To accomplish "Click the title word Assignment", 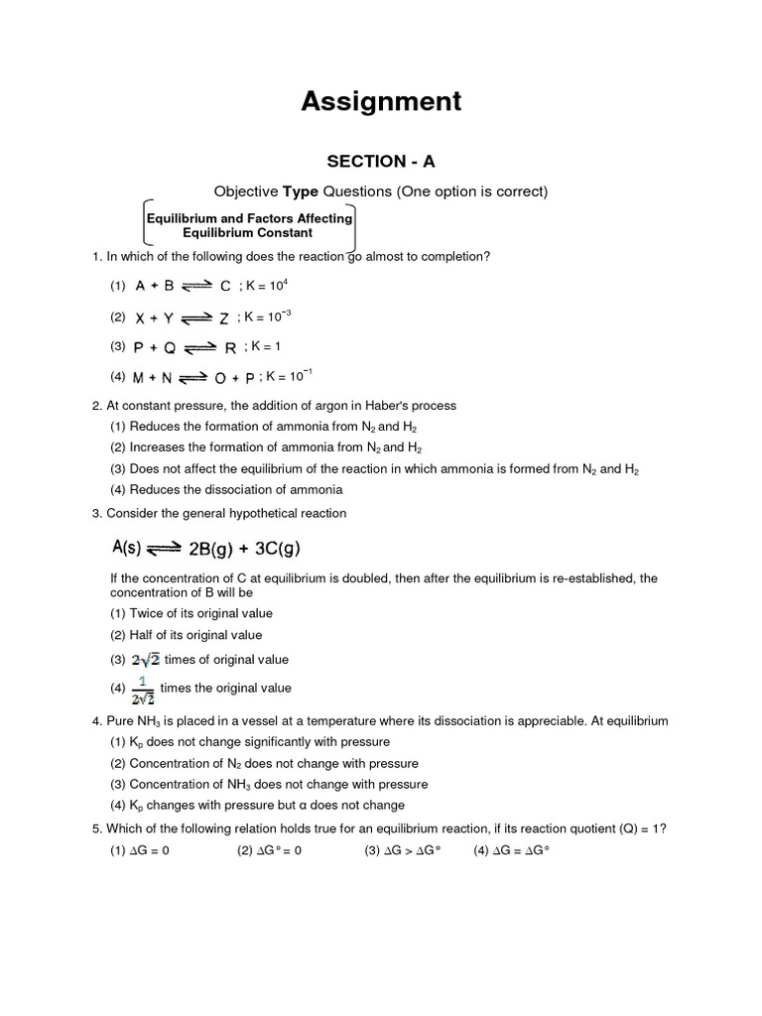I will point(381,100).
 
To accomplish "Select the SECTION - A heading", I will point(381,162).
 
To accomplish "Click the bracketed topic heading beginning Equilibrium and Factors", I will point(248,225).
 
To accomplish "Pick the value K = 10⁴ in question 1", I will point(266,286).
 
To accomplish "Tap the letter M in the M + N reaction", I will point(140,377).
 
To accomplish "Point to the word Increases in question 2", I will point(156,447).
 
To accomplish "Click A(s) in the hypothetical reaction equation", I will point(129,549).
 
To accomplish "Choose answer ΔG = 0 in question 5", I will point(149,851).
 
